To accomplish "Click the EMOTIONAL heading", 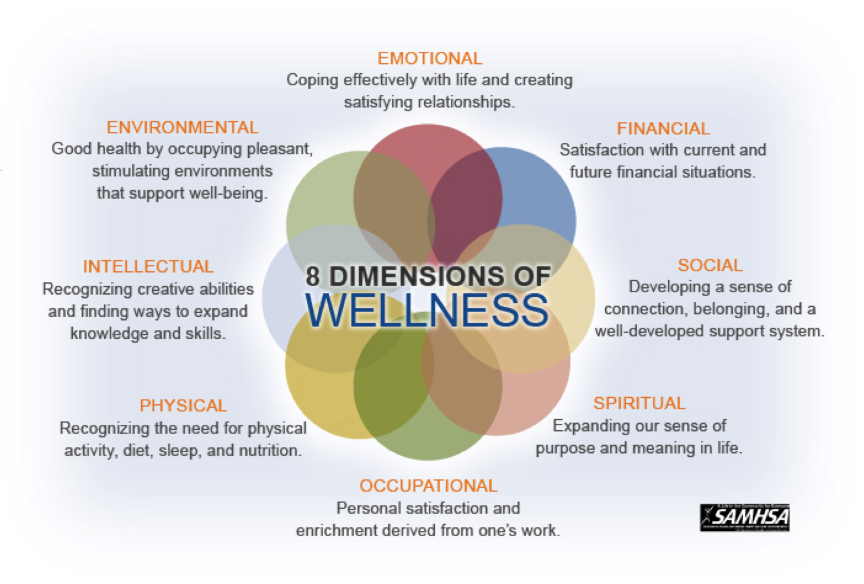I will pyautogui.click(x=430, y=59).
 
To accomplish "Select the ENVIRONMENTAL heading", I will pyautogui.click(x=182, y=127).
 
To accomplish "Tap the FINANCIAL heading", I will pyautogui.click(x=663, y=128).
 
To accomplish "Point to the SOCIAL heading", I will pyautogui.click(x=710, y=265).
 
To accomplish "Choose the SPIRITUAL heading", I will pyautogui.click(x=639, y=403).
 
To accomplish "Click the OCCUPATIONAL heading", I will pyautogui.click(x=428, y=486).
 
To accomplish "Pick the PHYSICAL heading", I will pyautogui.click(x=183, y=405).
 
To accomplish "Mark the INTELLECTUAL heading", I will pyautogui.click(x=148, y=267).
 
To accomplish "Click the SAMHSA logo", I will pyautogui.click(x=745, y=518).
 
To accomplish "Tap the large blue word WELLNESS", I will pyautogui.click(x=427, y=310).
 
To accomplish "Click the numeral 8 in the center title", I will pyautogui.click(x=313, y=276).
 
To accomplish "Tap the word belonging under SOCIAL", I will pyautogui.click(x=731, y=309).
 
